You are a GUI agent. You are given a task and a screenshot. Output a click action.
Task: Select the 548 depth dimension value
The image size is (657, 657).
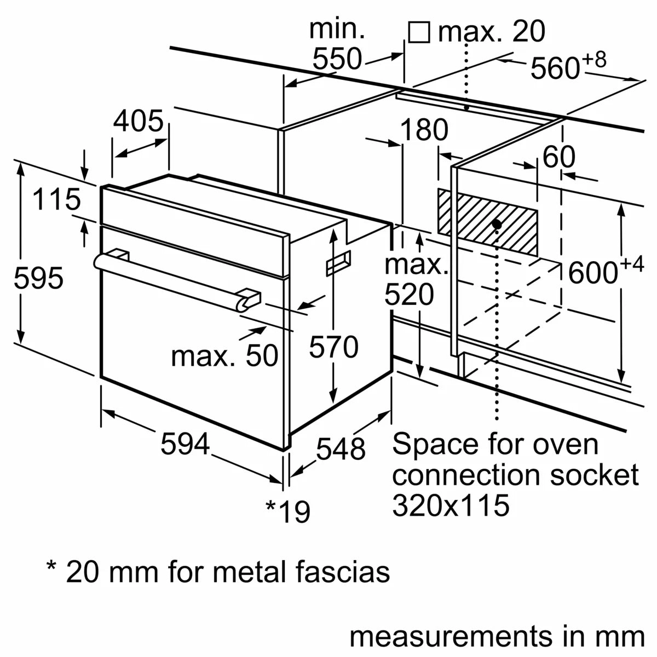(x=341, y=449)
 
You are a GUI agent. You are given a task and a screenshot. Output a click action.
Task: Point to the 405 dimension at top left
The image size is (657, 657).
(x=138, y=122)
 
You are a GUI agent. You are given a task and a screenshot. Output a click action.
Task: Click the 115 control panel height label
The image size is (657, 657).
(x=56, y=200)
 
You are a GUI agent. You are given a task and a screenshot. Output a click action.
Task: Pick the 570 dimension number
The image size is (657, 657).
(x=333, y=347)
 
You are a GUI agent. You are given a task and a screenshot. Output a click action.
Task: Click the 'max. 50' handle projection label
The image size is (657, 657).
(x=224, y=356)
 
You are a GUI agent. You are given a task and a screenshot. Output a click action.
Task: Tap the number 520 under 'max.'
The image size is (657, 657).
(x=409, y=295)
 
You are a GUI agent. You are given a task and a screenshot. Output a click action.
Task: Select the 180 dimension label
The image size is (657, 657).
(x=424, y=130)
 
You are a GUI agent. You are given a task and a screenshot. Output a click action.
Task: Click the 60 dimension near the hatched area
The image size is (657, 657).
(x=558, y=158)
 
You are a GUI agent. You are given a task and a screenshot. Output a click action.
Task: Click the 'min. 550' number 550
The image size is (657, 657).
(x=337, y=59)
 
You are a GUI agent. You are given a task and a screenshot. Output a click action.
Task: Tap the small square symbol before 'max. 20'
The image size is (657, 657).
(x=419, y=33)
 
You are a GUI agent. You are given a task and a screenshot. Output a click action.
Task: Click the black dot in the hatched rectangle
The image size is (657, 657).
(x=497, y=224)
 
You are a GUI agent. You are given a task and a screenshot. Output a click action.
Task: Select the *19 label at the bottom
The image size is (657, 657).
(x=288, y=511)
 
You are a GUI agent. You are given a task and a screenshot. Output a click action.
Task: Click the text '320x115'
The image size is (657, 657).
(x=451, y=505)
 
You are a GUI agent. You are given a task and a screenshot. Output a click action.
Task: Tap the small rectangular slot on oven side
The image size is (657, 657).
(x=338, y=264)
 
